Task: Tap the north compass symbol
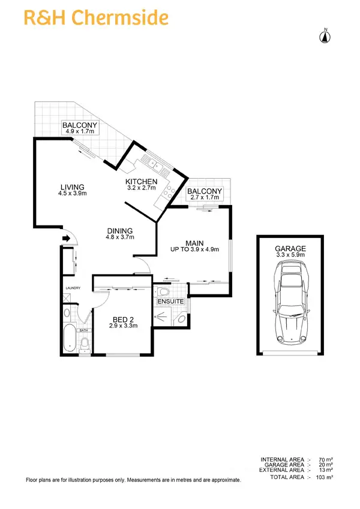pyautogui.click(x=325, y=36)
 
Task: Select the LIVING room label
pyautogui.click(x=71, y=186)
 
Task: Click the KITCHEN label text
pyautogui.click(x=141, y=182)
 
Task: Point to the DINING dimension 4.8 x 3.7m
pyautogui.click(x=120, y=237)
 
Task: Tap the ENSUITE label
pyautogui.click(x=169, y=302)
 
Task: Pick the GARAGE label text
pyautogui.click(x=290, y=248)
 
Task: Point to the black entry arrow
pyautogui.click(x=66, y=239)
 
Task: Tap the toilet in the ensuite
pyautogui.click(x=164, y=291)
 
